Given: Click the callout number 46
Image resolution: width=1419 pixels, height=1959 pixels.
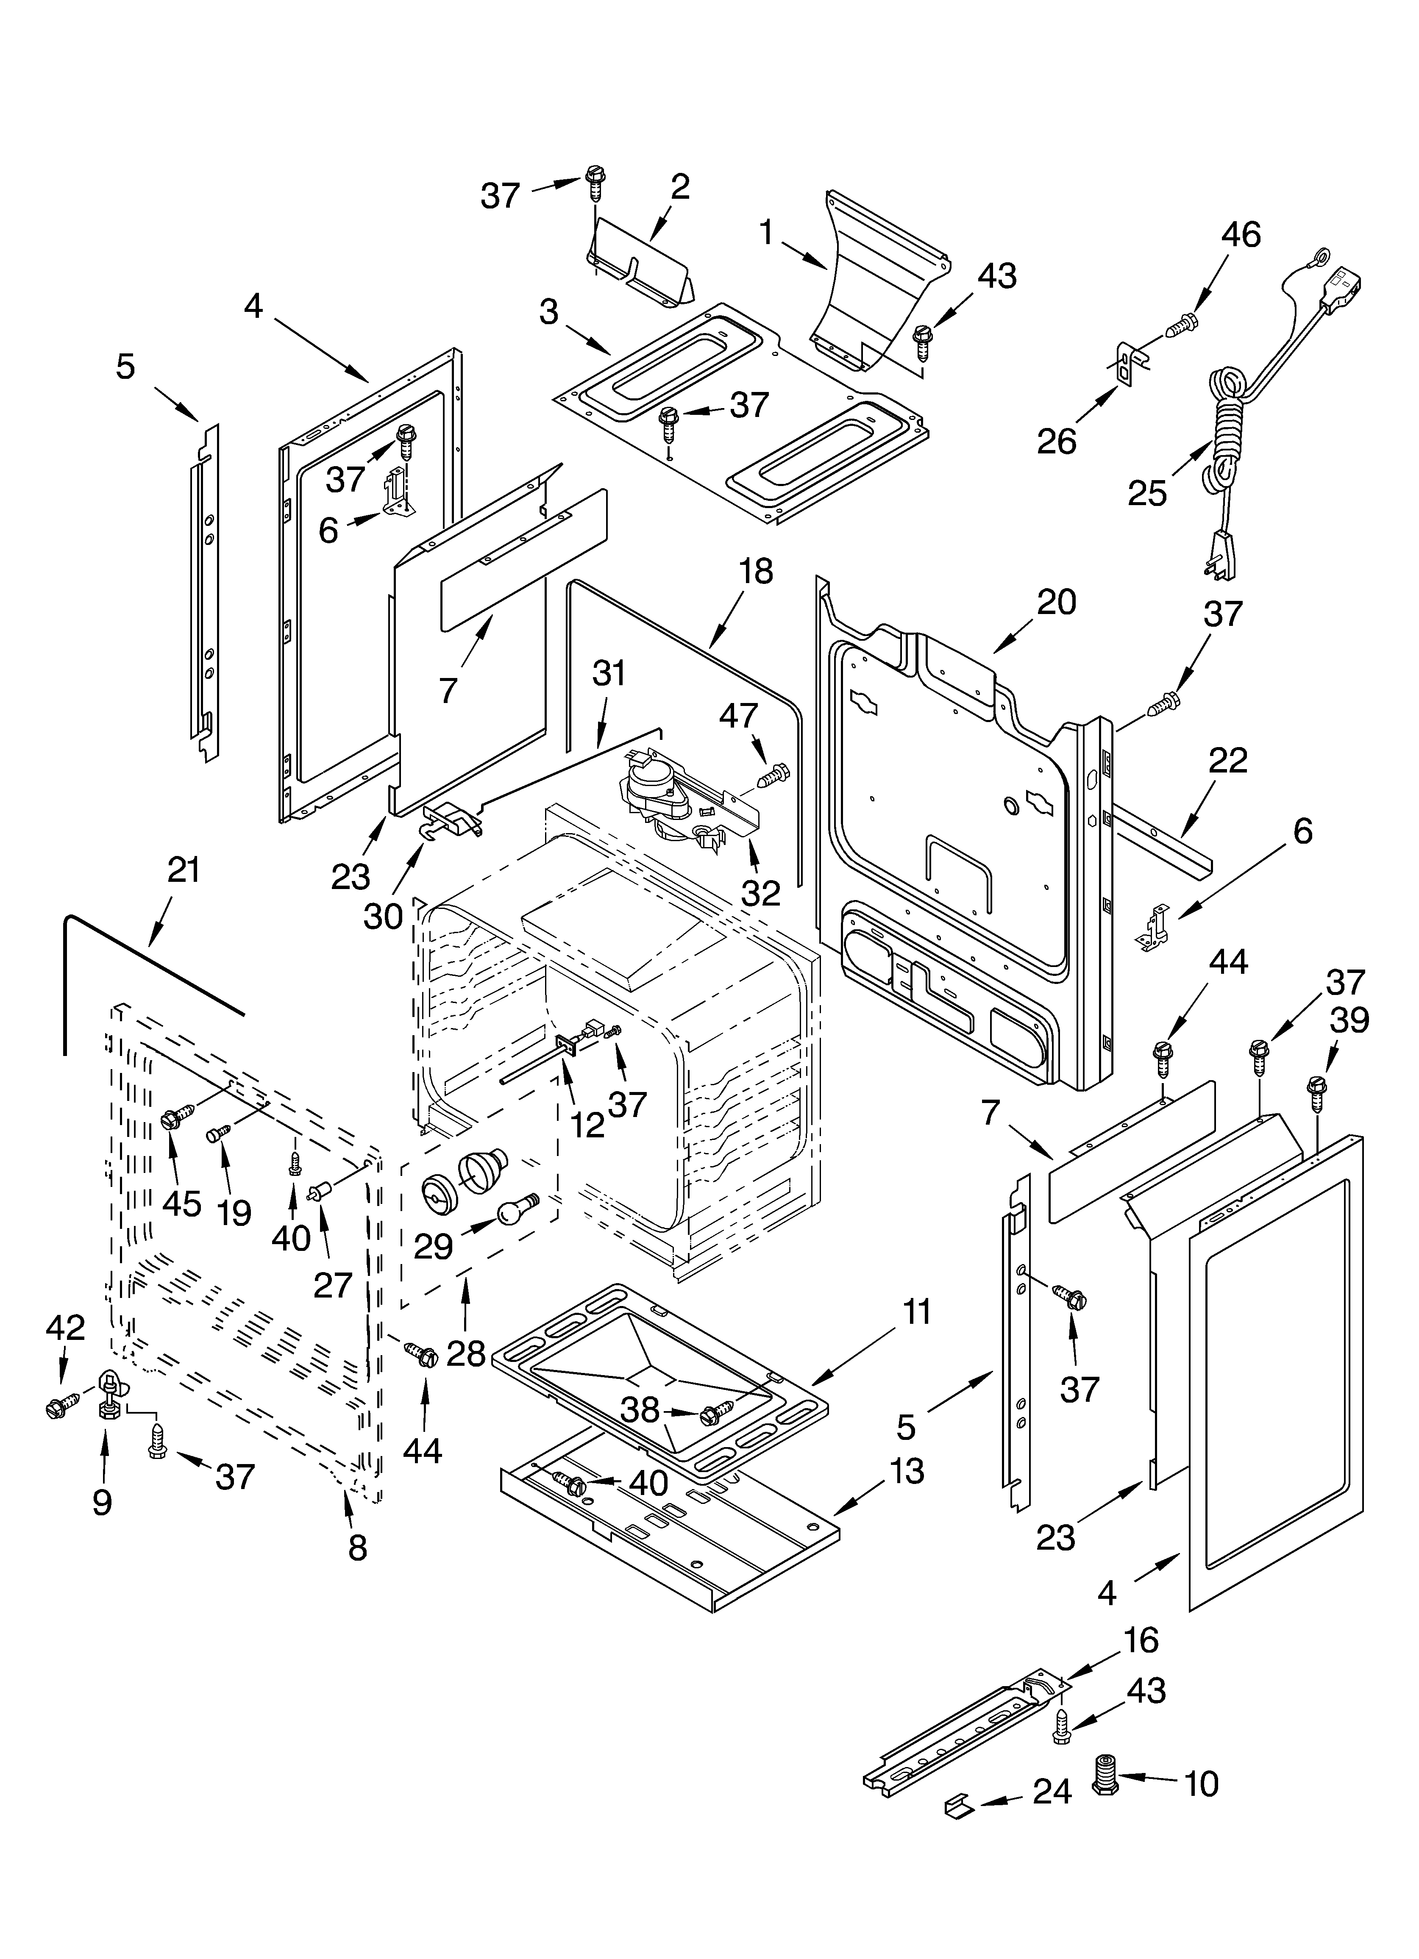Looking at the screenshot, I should [x=1241, y=235].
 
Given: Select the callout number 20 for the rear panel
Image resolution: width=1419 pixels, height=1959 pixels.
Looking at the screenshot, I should [x=1056, y=602].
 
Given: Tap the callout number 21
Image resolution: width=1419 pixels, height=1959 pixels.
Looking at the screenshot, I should [x=183, y=870].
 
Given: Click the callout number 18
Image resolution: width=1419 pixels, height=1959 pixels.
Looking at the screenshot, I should [x=756, y=572].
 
